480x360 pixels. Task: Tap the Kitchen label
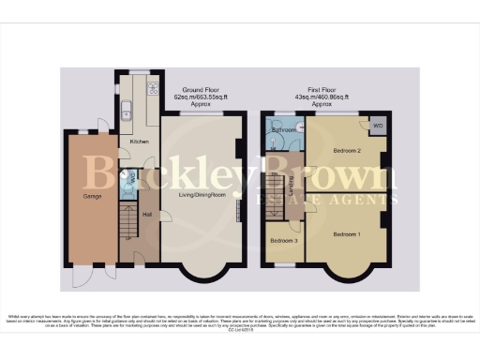pos(139,142)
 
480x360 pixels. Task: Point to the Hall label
pos(147,214)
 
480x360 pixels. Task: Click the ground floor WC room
pos(128,179)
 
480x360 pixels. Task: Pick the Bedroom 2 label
pos(346,150)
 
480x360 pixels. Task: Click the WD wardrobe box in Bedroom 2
pos(378,126)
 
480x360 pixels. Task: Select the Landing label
pos(293,182)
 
